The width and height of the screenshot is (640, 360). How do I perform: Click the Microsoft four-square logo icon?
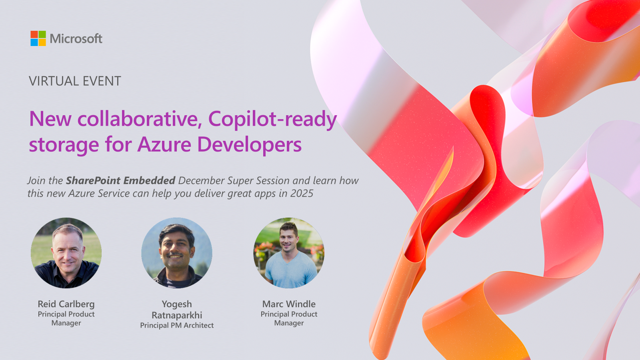(38, 38)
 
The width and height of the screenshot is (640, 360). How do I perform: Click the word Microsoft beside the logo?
(76, 39)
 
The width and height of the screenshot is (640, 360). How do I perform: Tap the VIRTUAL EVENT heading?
(75, 81)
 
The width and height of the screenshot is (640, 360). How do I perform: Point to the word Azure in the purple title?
(164, 144)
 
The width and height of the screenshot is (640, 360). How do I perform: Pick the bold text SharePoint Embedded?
(120, 180)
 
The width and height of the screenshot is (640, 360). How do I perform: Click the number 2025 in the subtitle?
(302, 194)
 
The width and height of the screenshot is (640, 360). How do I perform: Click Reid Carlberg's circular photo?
(66, 253)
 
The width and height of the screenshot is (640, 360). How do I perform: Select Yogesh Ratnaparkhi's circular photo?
(177, 253)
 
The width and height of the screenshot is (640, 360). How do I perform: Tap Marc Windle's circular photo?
(289, 253)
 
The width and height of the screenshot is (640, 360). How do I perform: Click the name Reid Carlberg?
(66, 304)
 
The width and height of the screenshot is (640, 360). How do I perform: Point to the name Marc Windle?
(289, 304)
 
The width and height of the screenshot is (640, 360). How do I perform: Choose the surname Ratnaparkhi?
(177, 315)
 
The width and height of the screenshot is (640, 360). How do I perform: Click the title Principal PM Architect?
(177, 326)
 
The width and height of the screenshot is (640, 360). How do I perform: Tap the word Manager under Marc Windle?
(289, 323)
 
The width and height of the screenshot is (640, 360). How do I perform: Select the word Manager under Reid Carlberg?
(66, 323)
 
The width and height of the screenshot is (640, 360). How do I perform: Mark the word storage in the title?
(64, 145)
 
